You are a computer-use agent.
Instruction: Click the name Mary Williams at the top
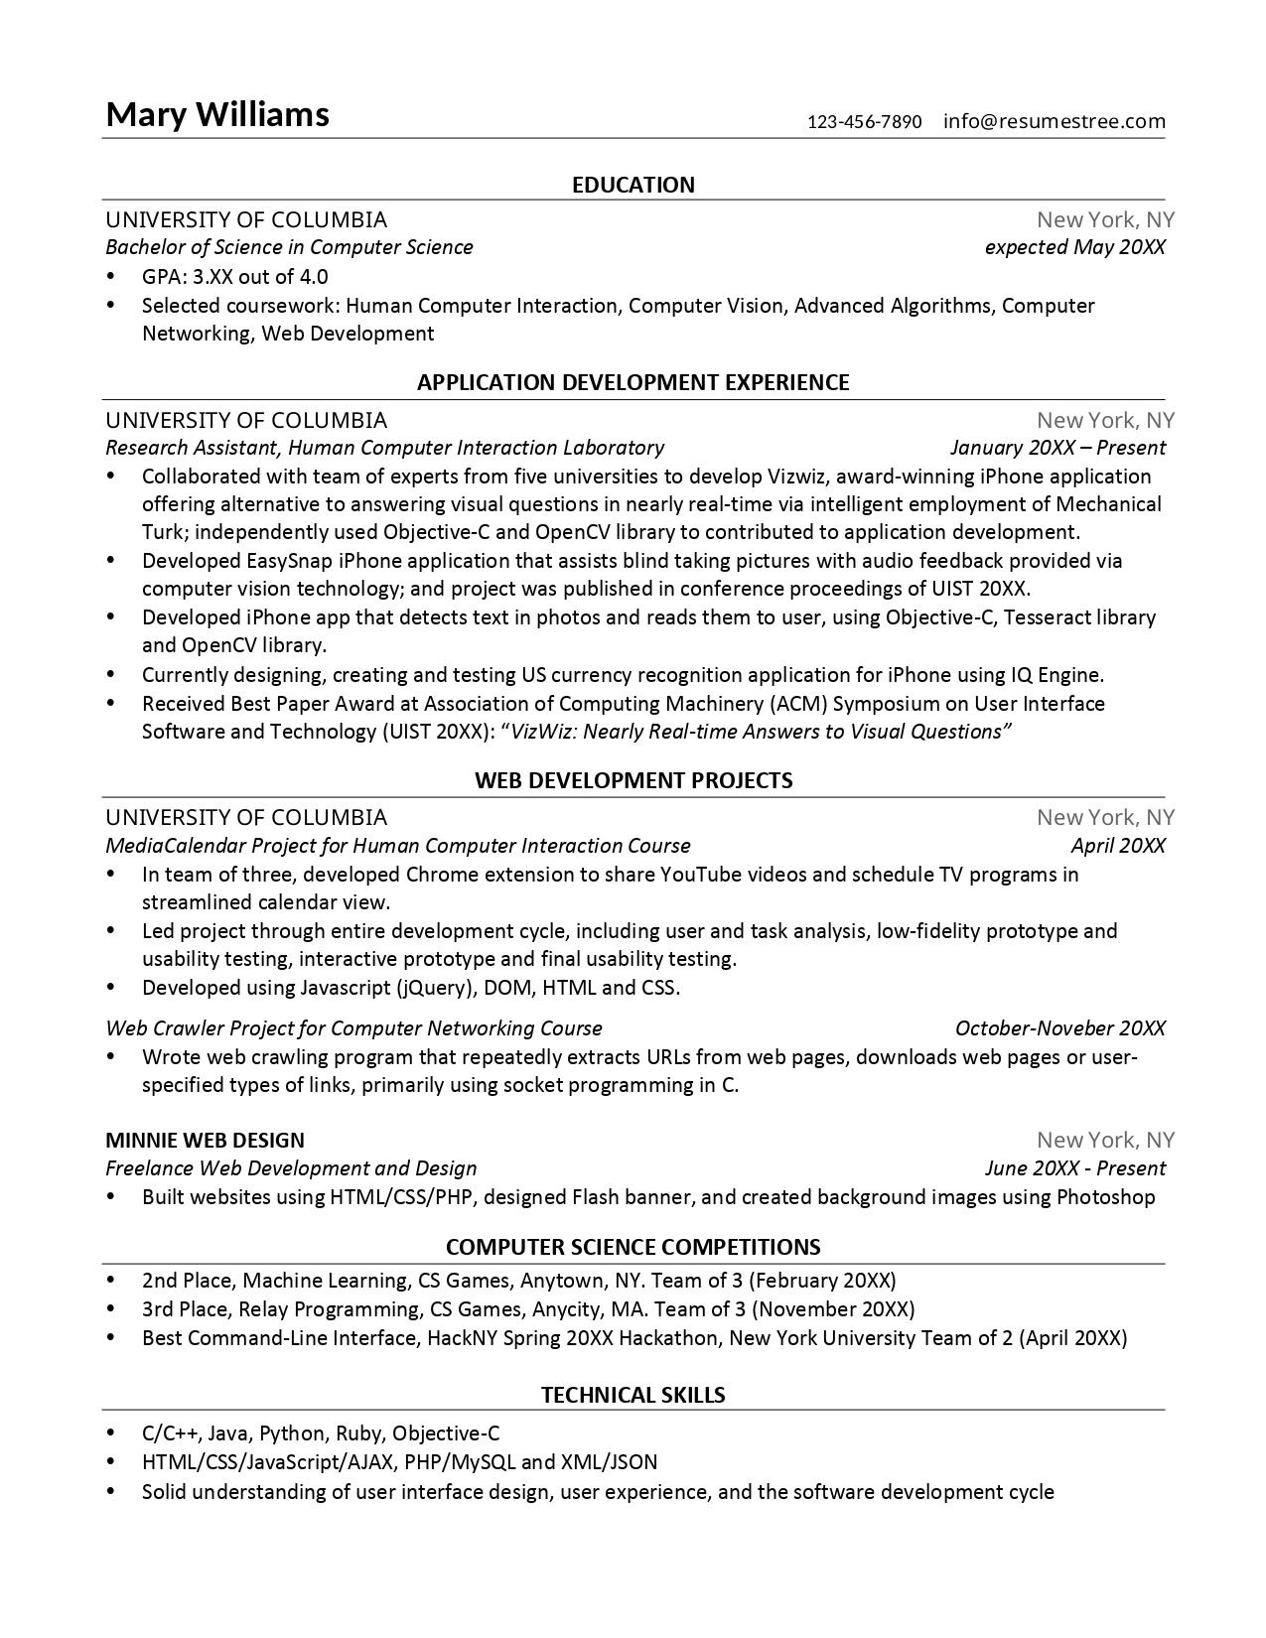pyautogui.click(x=217, y=115)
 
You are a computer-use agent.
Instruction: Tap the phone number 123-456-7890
pyautogui.click(x=864, y=122)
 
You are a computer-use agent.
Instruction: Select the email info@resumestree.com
pyautogui.click(x=1054, y=122)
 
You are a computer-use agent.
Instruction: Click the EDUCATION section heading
pyautogui.click(x=633, y=185)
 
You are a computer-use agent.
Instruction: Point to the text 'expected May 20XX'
pyautogui.click(x=1074, y=247)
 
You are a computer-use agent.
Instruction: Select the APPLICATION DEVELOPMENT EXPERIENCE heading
pyautogui.click(x=633, y=383)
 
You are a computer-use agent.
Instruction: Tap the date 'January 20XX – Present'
pyautogui.click(x=1056, y=448)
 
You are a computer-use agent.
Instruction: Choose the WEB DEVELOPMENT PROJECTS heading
pyautogui.click(x=633, y=780)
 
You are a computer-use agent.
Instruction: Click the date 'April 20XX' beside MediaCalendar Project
pyautogui.click(x=1117, y=846)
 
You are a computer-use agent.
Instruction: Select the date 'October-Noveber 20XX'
pyautogui.click(x=1059, y=1028)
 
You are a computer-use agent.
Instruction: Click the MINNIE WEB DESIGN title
pyautogui.click(x=205, y=1140)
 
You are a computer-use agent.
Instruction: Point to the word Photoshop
pyautogui.click(x=1105, y=1197)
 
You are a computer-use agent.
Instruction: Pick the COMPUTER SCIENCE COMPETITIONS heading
pyautogui.click(x=633, y=1247)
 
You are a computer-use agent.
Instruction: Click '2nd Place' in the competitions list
pyautogui.click(x=187, y=1281)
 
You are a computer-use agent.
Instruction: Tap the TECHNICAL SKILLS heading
pyautogui.click(x=633, y=1396)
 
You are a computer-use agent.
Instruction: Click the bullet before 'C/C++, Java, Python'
pyautogui.click(x=111, y=1433)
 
